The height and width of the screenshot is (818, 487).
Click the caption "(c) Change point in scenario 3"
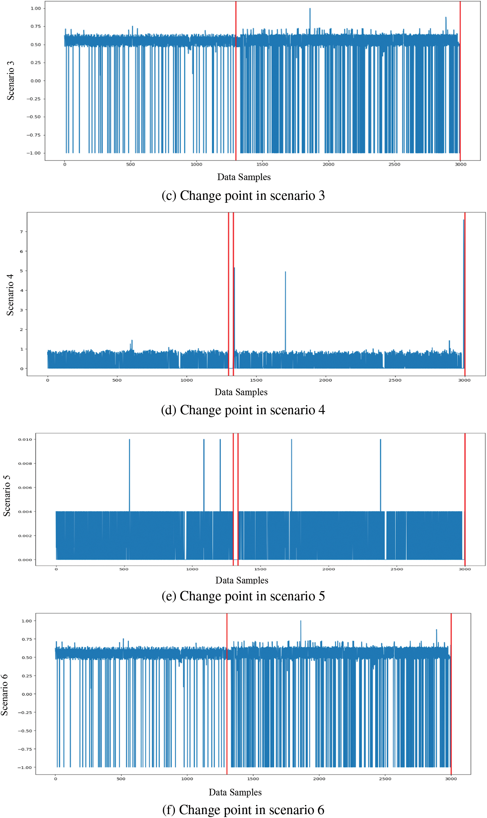point(243,196)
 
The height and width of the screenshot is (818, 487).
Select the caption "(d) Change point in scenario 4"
point(243,410)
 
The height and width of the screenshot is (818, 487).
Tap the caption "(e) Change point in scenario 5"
point(243,596)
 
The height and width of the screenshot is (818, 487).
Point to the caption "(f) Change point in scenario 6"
point(243,810)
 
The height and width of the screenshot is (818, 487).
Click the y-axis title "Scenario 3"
point(10,81)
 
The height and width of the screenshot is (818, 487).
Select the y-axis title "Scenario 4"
point(10,295)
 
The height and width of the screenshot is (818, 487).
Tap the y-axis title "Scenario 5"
point(7,496)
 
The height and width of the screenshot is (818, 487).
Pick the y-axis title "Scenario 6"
point(4,694)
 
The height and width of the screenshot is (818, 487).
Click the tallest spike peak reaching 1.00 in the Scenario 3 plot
point(310,9)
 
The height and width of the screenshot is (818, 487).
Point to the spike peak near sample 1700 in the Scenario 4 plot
point(285,272)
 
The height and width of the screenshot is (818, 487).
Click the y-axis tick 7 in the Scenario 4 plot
point(21,232)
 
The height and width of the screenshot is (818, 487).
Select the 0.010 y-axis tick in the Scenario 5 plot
point(25,440)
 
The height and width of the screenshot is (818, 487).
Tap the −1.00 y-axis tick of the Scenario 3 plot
point(34,153)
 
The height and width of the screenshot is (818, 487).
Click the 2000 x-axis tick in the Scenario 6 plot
point(319,779)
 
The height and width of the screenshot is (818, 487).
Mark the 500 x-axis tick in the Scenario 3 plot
point(131,165)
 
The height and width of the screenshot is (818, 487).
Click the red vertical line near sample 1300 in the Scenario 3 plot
point(236,82)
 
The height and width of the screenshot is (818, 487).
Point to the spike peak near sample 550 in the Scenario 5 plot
point(129,440)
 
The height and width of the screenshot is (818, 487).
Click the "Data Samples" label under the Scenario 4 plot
point(241,392)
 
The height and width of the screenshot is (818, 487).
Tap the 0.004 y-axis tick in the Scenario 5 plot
point(25,512)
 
